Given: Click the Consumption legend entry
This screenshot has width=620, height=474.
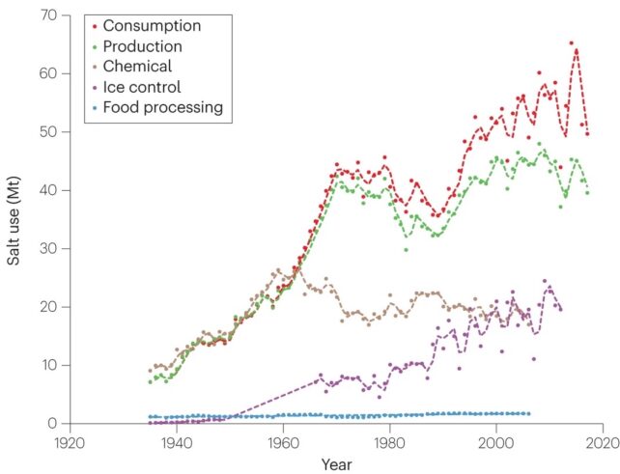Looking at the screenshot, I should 152,24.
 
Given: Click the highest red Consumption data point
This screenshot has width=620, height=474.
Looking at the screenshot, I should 571,43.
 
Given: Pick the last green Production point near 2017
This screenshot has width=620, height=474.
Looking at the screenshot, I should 586,193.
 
